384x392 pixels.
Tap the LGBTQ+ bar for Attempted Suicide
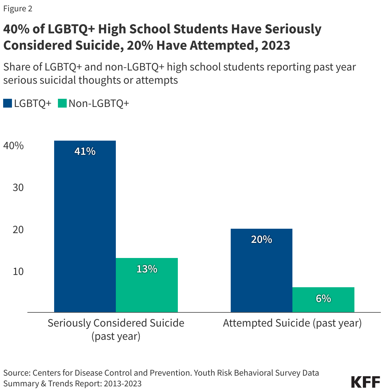[x=261, y=271]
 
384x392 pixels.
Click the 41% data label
[x=85, y=151]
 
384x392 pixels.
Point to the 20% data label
[x=261, y=239]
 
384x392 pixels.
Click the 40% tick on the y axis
[x=14, y=146]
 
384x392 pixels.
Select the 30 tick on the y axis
[x=18, y=188]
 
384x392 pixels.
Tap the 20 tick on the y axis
[x=18, y=229]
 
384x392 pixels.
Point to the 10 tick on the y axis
[x=18, y=271]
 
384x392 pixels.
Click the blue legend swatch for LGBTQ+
[x=8, y=103]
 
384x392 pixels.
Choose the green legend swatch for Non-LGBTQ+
[x=62, y=103]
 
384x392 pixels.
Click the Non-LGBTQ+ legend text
[x=99, y=103]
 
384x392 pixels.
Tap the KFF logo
[x=365, y=382]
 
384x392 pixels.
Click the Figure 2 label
[x=18, y=9]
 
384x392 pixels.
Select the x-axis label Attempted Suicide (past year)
[x=292, y=323]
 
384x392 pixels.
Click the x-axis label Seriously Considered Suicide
[x=116, y=323]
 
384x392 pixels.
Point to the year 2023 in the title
[x=275, y=45]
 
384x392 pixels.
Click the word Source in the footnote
[x=16, y=373]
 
